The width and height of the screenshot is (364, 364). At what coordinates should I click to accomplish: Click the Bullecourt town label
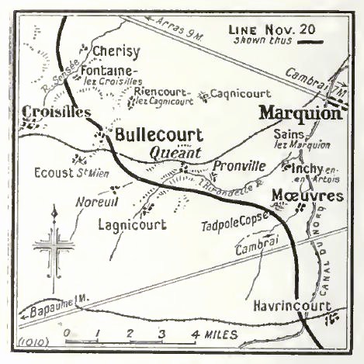coord(158,134)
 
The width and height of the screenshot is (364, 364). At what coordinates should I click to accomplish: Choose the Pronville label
coord(238,166)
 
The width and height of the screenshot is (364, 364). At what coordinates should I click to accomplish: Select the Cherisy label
coord(116,52)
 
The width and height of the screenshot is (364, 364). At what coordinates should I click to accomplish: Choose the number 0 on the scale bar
coord(68,335)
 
